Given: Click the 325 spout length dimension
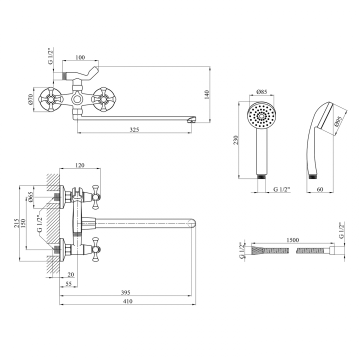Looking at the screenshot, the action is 134,129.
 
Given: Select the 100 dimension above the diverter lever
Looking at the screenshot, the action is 80,57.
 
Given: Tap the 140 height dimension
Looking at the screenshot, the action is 207,94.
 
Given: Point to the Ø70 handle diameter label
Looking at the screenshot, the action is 31,99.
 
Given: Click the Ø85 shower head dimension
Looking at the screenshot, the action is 261,91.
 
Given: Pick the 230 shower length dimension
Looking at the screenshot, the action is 236,140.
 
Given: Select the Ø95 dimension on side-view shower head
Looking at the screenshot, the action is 338,121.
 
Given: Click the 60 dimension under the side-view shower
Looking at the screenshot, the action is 319,189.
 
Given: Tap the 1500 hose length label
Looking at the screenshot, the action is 292,240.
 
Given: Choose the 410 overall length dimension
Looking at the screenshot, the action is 127,301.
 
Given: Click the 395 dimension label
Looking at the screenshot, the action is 125,292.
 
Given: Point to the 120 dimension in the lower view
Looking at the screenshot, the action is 79,165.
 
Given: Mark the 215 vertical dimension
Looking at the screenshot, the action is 16,223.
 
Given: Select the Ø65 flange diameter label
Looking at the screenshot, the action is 31,197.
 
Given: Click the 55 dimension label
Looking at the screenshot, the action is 68,284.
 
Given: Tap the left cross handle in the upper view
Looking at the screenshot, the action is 50,99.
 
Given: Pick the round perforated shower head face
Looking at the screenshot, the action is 261,116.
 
